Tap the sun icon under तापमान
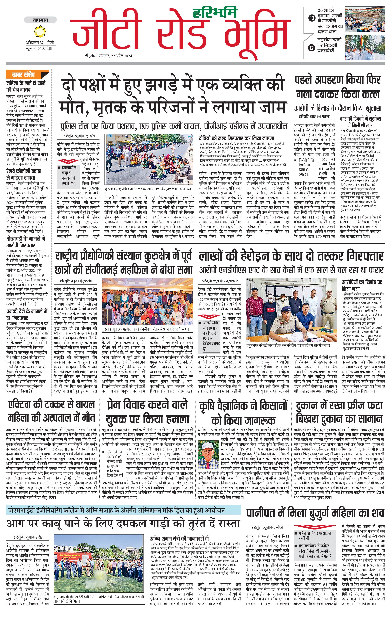coord(40,32)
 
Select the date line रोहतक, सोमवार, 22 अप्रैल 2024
coord(109,56)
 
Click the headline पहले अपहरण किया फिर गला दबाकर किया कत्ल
coord(338,87)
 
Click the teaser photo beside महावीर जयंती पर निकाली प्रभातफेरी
coord(365,48)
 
